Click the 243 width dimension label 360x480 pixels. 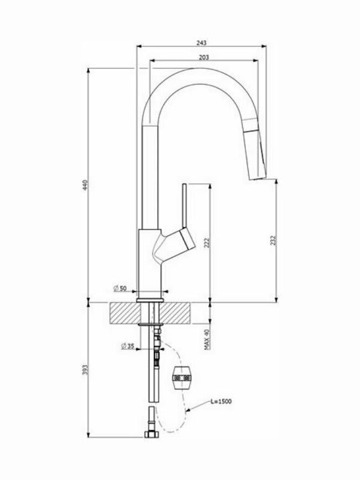click(201, 43)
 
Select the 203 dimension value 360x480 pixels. click(204, 57)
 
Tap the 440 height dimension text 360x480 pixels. click(85, 185)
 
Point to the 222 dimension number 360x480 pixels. click(207, 243)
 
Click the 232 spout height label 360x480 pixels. click(273, 240)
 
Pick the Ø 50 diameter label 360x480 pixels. click(120, 289)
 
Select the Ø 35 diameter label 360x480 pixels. click(127, 346)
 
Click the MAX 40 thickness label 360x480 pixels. click(207, 339)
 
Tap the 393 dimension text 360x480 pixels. click(85, 370)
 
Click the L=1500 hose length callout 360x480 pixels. click(221, 401)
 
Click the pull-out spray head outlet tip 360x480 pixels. click(257, 178)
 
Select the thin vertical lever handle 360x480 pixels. click(185, 206)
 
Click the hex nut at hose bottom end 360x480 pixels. click(151, 434)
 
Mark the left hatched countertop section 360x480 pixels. click(125, 313)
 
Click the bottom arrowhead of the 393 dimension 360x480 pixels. click(89, 435)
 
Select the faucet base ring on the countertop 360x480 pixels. click(150, 300)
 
